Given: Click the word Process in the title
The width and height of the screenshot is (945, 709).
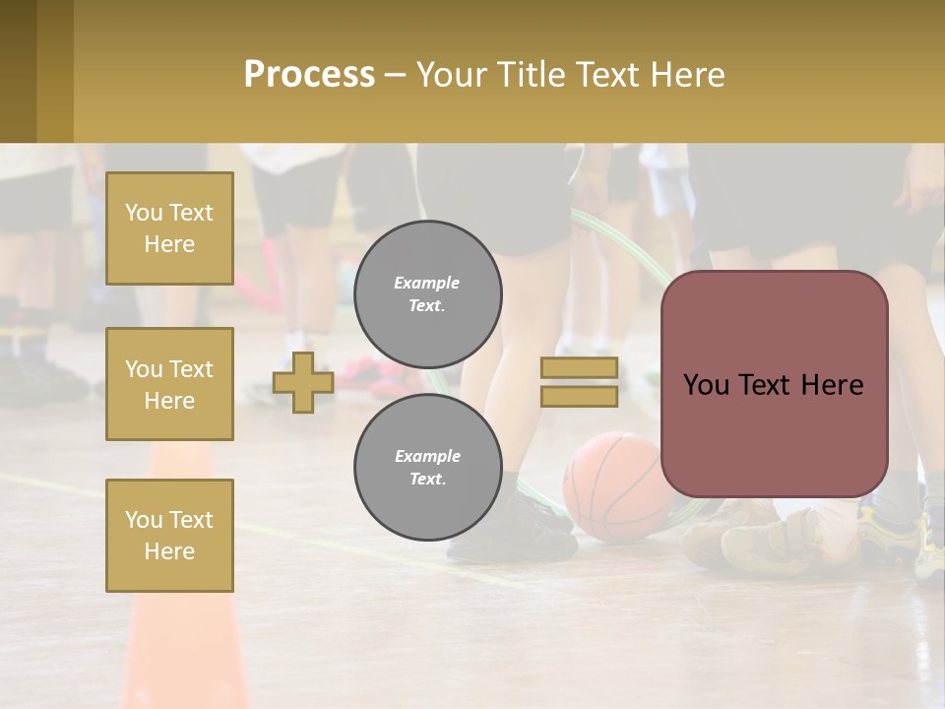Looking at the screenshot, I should (309, 75).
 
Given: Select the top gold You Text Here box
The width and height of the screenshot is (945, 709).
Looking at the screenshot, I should (169, 228).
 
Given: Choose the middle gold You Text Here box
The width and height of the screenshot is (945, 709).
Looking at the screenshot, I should (169, 384).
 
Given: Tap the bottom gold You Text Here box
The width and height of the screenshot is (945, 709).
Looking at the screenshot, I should (169, 536).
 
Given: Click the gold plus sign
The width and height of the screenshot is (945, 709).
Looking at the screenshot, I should (303, 382).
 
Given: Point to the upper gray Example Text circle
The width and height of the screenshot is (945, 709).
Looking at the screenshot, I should (427, 294).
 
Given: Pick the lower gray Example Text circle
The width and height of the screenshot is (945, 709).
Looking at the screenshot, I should (427, 467).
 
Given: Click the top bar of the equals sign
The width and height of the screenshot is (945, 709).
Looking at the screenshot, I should (579, 368).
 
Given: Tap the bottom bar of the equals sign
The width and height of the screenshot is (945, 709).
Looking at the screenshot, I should (579, 396).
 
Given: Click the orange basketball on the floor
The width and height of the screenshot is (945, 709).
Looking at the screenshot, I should (618, 486).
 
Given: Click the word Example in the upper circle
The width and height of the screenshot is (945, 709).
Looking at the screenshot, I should (427, 283).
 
